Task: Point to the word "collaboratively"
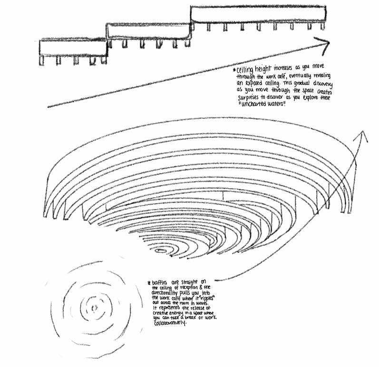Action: pyautogui.click(x=170, y=324)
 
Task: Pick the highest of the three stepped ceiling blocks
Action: pyautogui.click(x=259, y=14)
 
